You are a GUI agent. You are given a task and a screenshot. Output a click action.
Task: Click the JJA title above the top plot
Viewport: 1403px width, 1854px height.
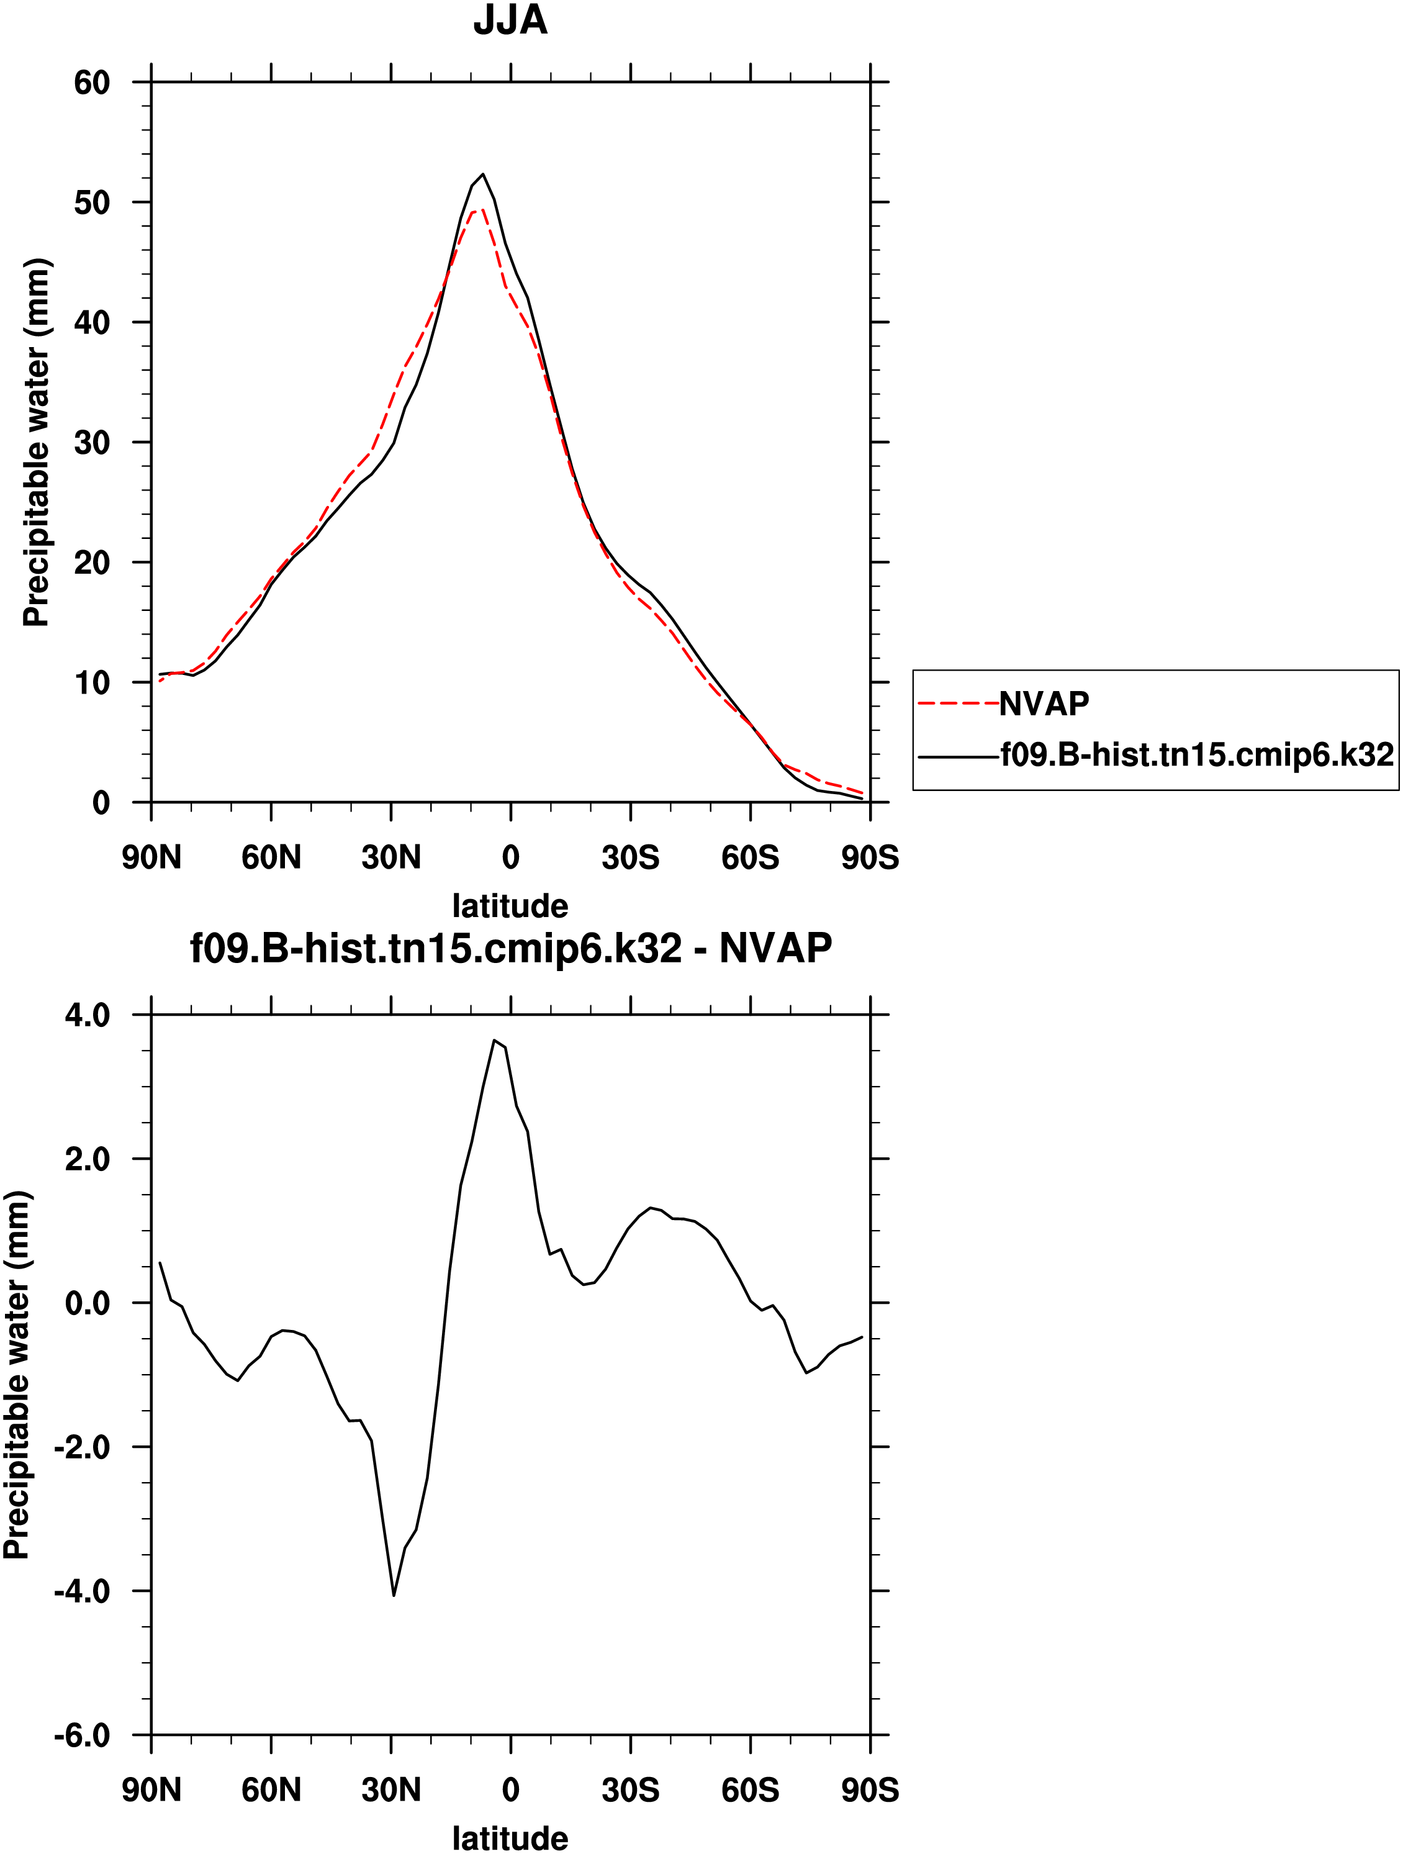[510, 20]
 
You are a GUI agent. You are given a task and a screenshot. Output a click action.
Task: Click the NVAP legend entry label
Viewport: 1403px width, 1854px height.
[1044, 704]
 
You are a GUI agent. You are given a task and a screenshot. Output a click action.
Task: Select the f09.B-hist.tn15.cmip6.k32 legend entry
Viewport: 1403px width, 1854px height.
[1197, 755]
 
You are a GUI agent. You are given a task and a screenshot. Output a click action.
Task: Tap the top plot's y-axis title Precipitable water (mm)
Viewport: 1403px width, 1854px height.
[37, 443]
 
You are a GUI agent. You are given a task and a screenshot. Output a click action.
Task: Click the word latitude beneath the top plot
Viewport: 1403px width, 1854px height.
[510, 906]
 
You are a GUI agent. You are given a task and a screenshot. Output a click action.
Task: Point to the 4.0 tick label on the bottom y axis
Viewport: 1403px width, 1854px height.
[87, 1016]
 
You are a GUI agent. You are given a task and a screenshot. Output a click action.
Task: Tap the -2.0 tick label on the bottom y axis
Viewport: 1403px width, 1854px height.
[82, 1447]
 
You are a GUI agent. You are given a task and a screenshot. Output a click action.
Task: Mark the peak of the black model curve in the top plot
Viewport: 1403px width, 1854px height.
[483, 174]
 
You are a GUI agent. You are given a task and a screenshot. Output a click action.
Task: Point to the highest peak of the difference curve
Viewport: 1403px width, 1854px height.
[495, 1040]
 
